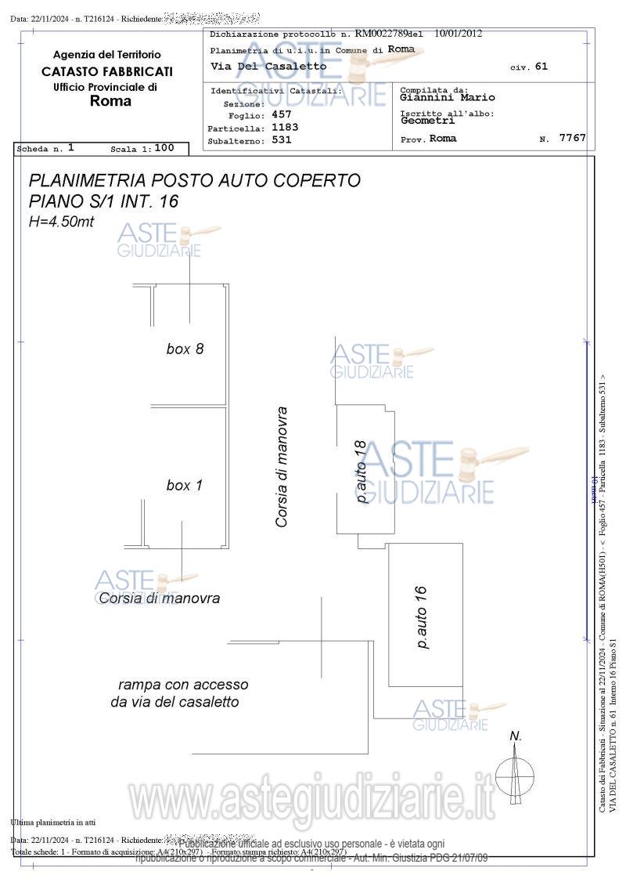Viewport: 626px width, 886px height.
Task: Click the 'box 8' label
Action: pos(185,349)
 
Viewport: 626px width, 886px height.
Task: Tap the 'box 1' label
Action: pos(184,486)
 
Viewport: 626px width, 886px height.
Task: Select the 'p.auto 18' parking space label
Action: pos(361,471)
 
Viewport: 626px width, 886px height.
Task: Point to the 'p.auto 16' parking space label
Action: pos(422,617)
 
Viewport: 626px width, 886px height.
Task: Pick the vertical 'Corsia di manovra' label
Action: pos(282,466)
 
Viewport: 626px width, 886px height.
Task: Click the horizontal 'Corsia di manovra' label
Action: pos(160,598)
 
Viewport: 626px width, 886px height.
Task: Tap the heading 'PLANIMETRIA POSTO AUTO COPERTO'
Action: pos(194,180)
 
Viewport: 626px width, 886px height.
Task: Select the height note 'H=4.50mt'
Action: pos(61,222)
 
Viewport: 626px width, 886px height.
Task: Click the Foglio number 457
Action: pos(281,114)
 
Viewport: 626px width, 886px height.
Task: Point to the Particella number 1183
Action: pos(285,127)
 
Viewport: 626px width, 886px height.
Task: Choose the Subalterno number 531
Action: pos(281,140)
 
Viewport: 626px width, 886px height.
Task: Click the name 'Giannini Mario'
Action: pos(448,98)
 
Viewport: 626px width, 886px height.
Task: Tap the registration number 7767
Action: pos(572,138)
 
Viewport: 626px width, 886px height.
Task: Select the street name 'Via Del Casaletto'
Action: pos(268,67)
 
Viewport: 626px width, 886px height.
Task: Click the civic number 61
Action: pos(541,67)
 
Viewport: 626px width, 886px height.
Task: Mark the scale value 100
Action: pos(164,147)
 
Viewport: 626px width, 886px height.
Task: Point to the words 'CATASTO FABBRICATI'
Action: pos(107,71)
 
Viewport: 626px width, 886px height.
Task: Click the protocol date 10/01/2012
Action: pos(458,34)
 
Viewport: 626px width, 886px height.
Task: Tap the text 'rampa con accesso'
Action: pos(183,685)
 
